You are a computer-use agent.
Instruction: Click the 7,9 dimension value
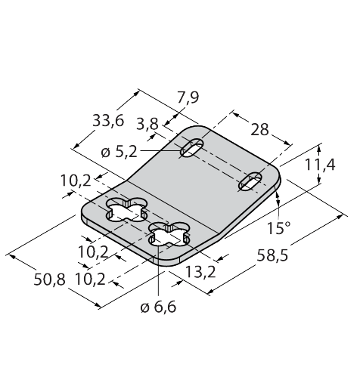[188, 97]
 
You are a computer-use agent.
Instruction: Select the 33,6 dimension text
[108, 121]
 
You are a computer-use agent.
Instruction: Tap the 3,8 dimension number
[147, 124]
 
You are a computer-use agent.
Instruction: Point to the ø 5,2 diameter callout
[119, 152]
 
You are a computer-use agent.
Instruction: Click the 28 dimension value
[259, 130]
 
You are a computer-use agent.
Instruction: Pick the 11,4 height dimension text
[320, 165]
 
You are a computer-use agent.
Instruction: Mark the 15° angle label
[278, 228]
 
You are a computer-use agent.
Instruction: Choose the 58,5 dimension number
[272, 256]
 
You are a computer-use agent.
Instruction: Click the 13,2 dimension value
[200, 272]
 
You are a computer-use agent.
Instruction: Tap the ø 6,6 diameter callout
[158, 307]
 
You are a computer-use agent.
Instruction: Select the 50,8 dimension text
[50, 279]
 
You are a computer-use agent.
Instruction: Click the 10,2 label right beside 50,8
[91, 279]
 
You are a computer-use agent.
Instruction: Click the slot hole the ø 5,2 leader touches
[192, 148]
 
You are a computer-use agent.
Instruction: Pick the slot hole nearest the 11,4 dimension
[250, 181]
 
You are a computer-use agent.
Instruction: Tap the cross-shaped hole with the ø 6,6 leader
[169, 234]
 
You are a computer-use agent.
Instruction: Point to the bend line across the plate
[172, 206]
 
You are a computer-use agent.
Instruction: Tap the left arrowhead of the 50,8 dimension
[12, 257]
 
